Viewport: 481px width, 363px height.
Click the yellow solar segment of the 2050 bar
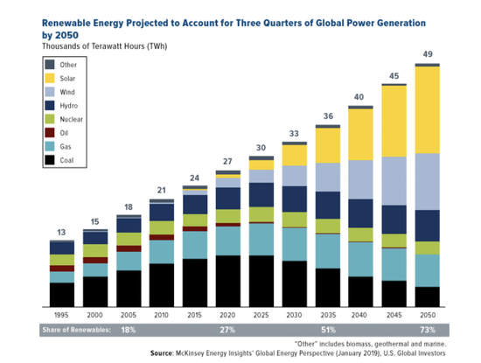pyautogui.click(x=428, y=110)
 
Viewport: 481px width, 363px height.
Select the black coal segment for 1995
pyautogui.click(x=62, y=295)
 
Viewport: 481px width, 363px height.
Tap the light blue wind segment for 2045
pyautogui.click(x=394, y=181)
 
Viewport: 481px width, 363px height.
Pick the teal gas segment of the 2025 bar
pyautogui.click(x=261, y=240)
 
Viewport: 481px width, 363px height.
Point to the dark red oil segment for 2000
pyautogui.click(x=95, y=260)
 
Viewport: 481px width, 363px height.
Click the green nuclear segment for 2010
pyautogui.click(x=162, y=227)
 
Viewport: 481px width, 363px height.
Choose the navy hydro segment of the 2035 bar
pyautogui.click(x=328, y=206)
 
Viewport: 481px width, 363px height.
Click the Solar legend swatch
pyautogui.click(x=50, y=78)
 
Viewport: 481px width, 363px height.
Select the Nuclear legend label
pyautogui.click(x=71, y=119)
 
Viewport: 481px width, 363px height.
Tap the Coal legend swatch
pyautogui.click(x=50, y=160)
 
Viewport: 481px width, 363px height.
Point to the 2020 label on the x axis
pyautogui.click(x=227, y=315)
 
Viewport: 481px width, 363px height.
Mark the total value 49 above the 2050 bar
pyautogui.click(x=428, y=54)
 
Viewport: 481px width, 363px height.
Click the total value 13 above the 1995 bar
pyautogui.click(x=61, y=233)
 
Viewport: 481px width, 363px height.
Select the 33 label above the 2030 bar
pyautogui.click(x=294, y=134)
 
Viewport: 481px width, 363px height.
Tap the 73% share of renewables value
pyautogui.click(x=428, y=330)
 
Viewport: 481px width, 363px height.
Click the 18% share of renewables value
pyautogui.click(x=129, y=330)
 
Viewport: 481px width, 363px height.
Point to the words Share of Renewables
pyautogui.click(x=76, y=330)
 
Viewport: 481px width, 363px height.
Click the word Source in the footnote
pyautogui.click(x=162, y=353)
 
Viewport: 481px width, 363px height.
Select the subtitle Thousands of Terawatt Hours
pyautogui.click(x=94, y=46)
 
